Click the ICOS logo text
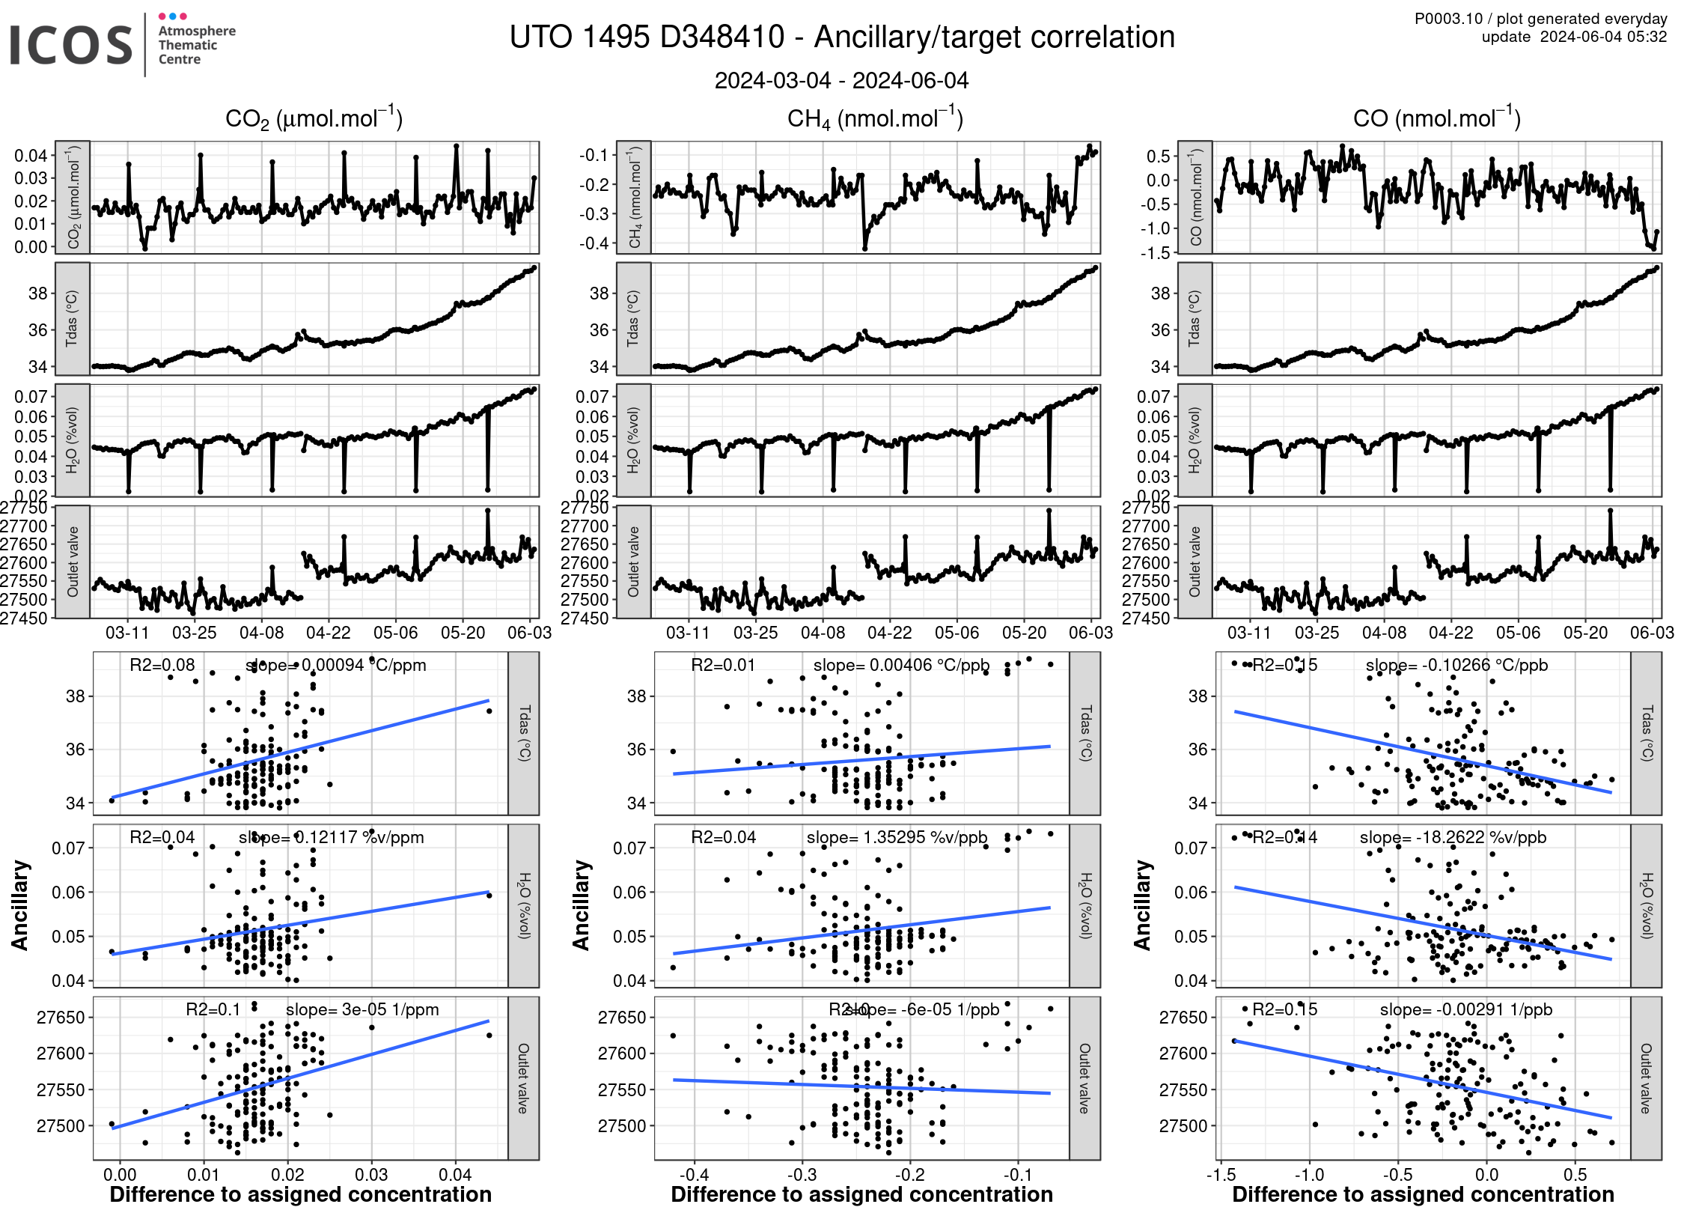[71, 45]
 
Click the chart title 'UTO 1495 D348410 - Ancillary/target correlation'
[842, 37]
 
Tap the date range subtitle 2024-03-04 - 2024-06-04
[841, 80]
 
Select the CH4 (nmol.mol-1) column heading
[875, 118]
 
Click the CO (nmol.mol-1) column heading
[1436, 118]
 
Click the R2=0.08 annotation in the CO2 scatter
[162, 665]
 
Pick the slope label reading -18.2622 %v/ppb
[1453, 837]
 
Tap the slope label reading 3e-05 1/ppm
[362, 1009]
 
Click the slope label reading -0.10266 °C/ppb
[1456, 665]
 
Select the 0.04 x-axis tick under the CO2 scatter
[455, 1175]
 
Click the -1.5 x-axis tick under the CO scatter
[1220, 1175]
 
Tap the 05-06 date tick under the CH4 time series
[957, 633]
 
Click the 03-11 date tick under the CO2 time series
[127, 633]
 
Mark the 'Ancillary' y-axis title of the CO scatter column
[1142, 905]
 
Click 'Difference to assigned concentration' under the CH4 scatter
[861, 1194]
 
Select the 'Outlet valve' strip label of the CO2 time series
[73, 562]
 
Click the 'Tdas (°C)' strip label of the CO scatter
[1646, 733]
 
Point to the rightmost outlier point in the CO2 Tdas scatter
[489, 711]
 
